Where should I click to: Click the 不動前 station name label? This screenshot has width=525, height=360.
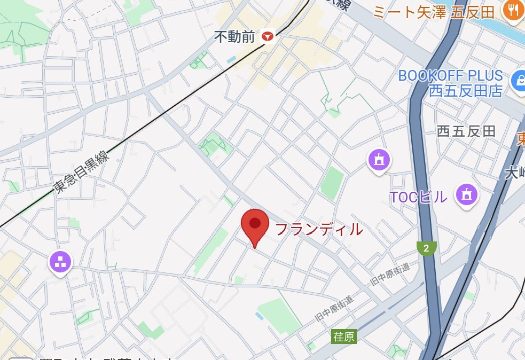236,36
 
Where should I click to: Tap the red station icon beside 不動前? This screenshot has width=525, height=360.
267,36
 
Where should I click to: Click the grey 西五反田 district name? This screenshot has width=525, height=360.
466,131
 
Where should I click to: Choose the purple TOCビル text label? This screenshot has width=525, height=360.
418,197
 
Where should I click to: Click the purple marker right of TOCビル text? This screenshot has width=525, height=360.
466,195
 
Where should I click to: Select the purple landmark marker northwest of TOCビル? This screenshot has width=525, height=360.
379,159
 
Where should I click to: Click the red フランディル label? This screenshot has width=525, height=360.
318,230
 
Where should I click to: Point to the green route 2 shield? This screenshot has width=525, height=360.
426,248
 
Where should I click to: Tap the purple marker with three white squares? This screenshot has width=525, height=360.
60,262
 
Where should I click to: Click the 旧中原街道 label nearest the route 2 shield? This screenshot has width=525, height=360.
390,275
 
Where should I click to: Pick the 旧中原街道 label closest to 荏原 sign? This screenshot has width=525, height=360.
335,309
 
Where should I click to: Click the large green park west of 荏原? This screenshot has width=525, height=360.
278,316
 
